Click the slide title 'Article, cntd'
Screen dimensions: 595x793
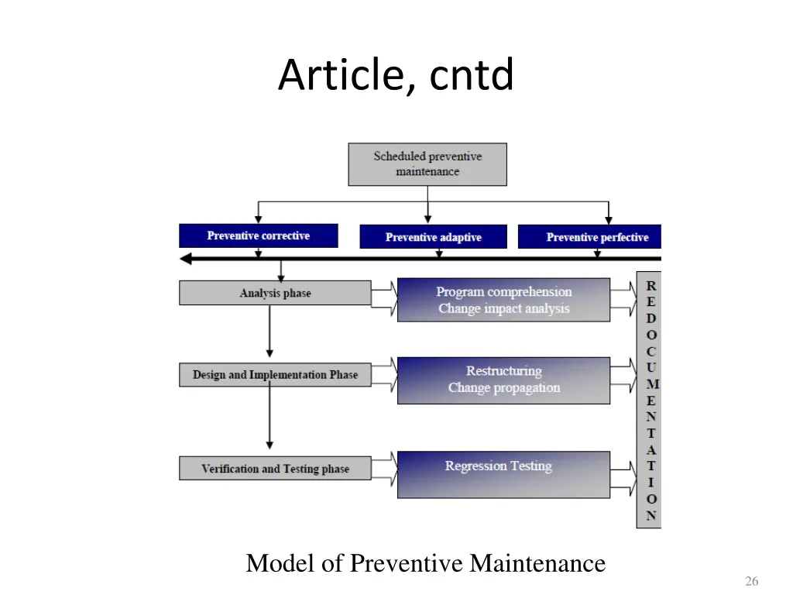396,75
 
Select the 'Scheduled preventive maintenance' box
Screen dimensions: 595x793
427,164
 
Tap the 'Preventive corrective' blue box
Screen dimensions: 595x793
258,236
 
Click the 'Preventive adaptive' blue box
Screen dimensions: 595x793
433,237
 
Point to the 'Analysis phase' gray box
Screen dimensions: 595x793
275,293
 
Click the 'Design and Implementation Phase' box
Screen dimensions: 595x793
275,375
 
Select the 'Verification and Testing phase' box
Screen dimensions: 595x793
275,469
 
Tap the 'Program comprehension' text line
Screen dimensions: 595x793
503,292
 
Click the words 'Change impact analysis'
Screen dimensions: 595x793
503,308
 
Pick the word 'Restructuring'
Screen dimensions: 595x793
503,371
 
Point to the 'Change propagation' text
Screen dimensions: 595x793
503,387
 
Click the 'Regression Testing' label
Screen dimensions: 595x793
498,466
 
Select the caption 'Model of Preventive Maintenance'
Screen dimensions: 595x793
425,563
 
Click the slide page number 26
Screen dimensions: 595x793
750,581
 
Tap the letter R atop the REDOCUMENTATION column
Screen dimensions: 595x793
651,285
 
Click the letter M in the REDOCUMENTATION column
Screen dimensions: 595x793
651,383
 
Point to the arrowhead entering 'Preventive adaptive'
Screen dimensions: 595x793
427,220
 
